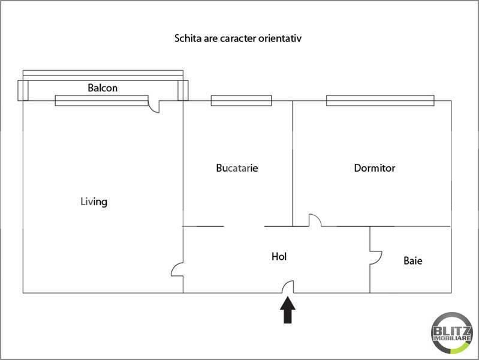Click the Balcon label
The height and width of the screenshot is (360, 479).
point(103,88)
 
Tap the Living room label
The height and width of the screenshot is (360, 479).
point(94,202)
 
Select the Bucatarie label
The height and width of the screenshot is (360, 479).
point(237,168)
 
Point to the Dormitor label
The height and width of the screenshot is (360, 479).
point(375,168)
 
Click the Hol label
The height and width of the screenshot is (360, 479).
point(279,256)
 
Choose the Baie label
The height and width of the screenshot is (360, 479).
point(413,260)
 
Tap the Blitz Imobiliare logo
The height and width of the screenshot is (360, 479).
point(452,333)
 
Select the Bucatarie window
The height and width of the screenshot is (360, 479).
point(242,101)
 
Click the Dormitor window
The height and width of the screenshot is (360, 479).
point(380,101)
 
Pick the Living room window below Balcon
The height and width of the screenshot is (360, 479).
point(102,101)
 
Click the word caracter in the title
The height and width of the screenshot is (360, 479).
point(238,38)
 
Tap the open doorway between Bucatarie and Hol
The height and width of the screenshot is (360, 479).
point(244,226)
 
